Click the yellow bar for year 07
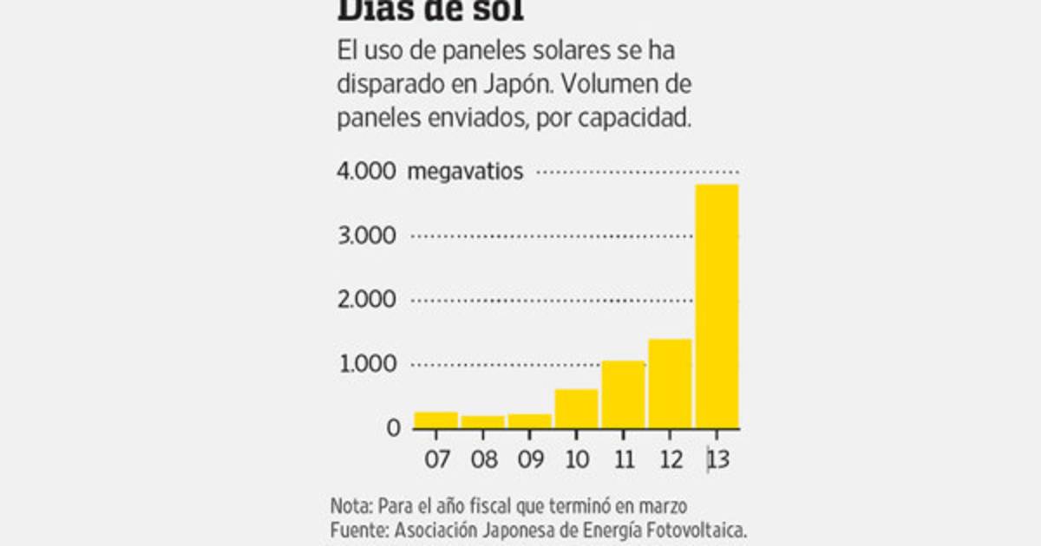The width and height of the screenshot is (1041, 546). (435, 420)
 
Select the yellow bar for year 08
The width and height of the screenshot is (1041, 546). (482, 422)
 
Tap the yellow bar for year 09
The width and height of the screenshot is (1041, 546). (529, 421)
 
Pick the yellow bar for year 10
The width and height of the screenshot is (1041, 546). (576, 409)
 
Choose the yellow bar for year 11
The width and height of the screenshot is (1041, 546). (623, 394)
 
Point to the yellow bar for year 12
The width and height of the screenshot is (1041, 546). (670, 383)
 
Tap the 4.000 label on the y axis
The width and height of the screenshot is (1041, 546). (365, 172)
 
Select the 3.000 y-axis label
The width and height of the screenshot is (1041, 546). (365, 236)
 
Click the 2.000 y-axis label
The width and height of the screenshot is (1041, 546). (365, 300)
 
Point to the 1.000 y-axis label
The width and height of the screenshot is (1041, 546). (365, 364)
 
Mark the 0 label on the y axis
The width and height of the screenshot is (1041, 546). (394, 428)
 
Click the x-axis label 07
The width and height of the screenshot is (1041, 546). (436, 458)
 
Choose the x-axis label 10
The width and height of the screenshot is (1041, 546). (577, 458)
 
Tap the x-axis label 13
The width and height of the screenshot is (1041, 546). (717, 458)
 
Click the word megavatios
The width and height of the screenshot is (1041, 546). (465, 172)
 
